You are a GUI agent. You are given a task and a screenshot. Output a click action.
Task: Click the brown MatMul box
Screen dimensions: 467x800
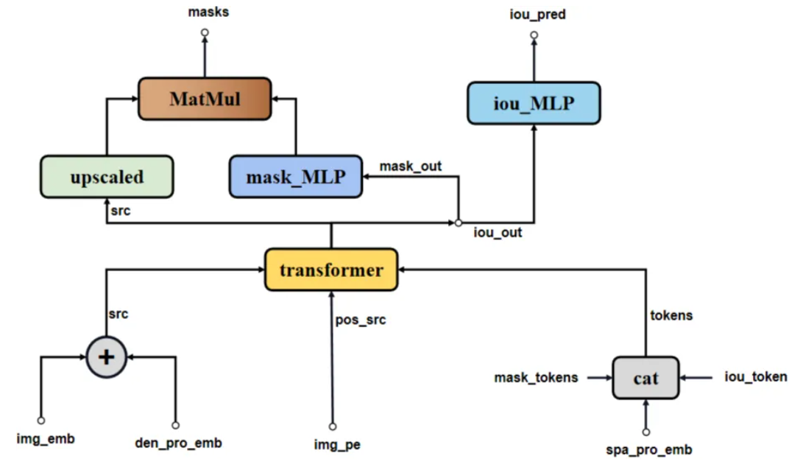point(205,98)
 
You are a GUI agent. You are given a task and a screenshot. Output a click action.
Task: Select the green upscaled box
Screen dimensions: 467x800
point(107,177)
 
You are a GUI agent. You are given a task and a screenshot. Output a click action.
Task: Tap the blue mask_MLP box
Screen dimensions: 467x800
point(296,177)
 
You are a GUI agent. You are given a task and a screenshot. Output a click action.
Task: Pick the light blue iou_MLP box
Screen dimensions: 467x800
point(534,102)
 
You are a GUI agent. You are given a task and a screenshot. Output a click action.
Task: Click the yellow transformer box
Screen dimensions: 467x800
point(331,270)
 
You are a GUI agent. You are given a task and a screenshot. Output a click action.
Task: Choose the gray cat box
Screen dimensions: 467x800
point(645,378)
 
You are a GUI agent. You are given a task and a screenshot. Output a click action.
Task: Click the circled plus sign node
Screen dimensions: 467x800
point(107,357)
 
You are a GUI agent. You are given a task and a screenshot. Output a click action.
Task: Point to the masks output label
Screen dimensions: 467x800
point(208,12)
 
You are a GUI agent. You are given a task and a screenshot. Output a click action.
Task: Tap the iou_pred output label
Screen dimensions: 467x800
point(537,14)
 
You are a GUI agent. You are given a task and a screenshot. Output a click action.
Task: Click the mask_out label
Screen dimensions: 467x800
point(411,166)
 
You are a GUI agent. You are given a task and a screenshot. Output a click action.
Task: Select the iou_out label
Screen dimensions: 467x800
point(497,233)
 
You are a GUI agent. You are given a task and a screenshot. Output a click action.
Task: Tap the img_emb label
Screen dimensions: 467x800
point(46,439)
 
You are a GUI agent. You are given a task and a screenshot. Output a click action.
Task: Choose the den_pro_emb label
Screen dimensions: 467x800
point(179,443)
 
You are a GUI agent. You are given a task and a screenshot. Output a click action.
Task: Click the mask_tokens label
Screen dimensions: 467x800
point(536,378)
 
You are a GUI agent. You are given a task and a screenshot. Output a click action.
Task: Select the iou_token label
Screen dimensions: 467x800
point(756,377)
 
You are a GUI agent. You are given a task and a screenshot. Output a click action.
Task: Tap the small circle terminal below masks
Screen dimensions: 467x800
point(205,33)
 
